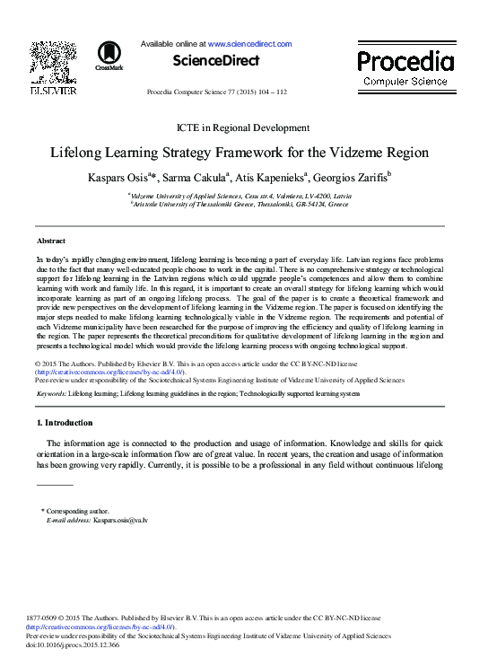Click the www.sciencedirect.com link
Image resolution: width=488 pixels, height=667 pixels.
point(250,43)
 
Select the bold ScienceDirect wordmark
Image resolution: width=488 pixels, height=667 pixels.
point(215,61)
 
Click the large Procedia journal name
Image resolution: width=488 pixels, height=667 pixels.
point(405,61)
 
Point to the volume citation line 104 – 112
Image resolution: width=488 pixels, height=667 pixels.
point(216,92)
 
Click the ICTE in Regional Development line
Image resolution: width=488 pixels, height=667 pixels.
point(244,127)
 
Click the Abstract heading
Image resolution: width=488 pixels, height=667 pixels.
point(50,241)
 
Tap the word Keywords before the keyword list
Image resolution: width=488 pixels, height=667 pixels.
point(50,393)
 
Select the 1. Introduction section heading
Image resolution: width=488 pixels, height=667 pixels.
point(67,422)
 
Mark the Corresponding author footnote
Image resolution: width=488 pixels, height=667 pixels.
point(82,511)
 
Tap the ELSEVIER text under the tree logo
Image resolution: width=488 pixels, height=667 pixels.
point(55,91)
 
